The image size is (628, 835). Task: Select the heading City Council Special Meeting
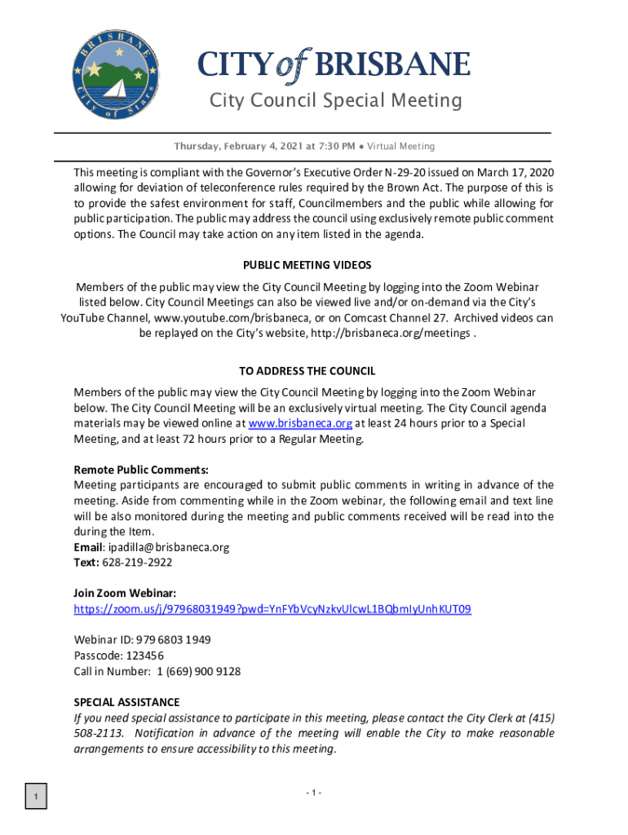pos(335,100)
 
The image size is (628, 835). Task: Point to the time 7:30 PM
pos(336,147)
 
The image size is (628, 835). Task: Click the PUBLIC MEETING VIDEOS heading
pos(307,265)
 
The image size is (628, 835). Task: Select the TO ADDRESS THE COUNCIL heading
pos(307,371)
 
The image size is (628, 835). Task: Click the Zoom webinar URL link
pos(272,609)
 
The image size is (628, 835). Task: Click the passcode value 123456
pos(144,656)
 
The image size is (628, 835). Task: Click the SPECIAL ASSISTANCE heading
pos(126,702)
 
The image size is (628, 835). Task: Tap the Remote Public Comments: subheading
pos(141,470)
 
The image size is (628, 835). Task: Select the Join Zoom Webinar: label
pos(125,593)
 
